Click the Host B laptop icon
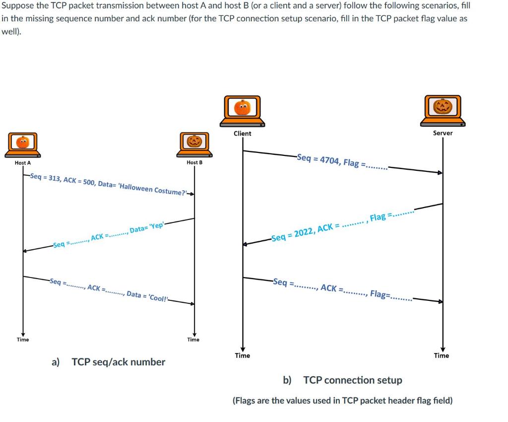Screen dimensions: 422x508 click(x=194, y=144)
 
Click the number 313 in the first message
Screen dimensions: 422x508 click(x=54, y=178)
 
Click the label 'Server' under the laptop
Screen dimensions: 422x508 click(x=443, y=133)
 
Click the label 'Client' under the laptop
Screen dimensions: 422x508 click(x=242, y=133)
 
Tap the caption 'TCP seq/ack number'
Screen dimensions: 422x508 click(x=119, y=362)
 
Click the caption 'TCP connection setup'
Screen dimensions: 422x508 click(x=353, y=380)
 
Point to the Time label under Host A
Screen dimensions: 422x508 click(x=23, y=340)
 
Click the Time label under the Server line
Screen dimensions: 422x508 click(x=441, y=355)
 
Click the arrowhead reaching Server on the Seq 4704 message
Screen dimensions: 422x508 click(x=440, y=173)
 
